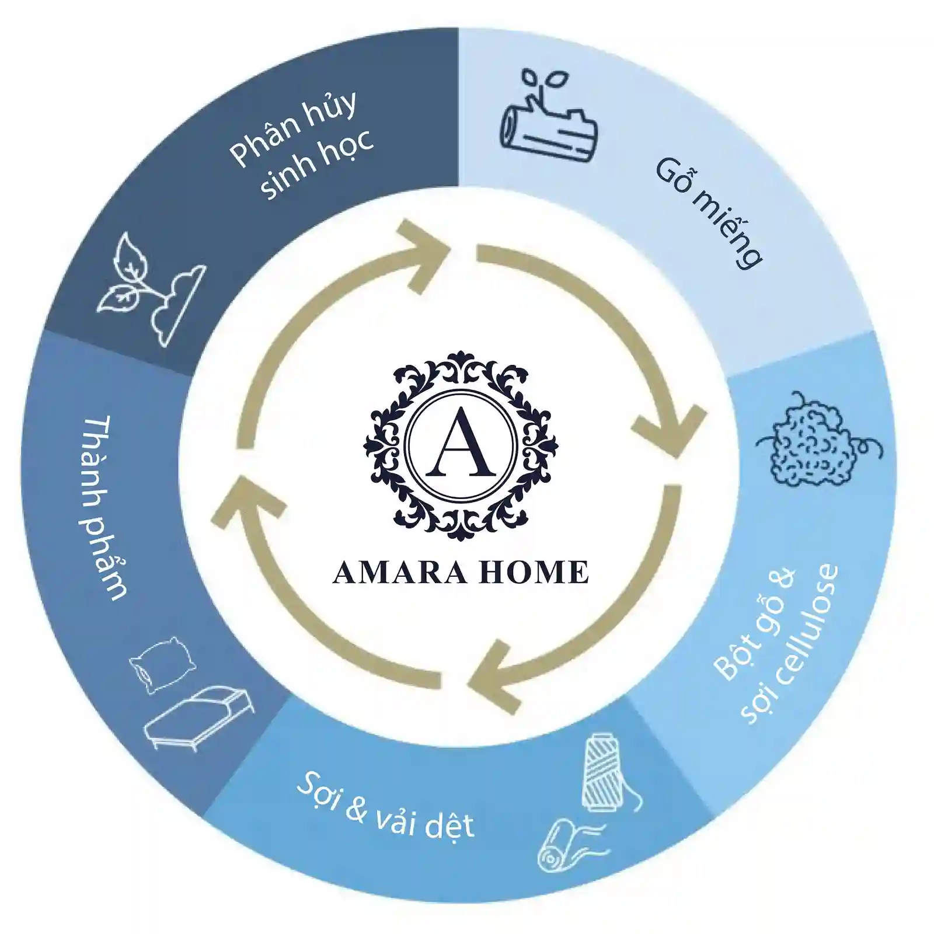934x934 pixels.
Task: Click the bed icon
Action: pyautogui.click(x=198, y=722)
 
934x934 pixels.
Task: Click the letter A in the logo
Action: pyautogui.click(x=461, y=443)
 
